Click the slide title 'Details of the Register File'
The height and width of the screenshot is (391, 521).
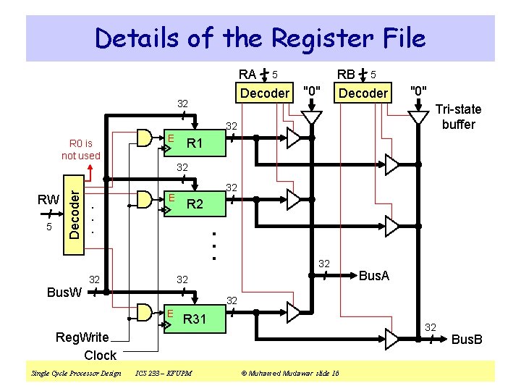260,38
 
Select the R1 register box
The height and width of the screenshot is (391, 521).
192,143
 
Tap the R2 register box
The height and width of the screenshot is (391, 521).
192,204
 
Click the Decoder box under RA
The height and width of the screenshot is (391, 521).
264,93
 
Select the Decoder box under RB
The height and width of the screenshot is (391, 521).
363,93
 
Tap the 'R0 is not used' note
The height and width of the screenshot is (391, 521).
81,149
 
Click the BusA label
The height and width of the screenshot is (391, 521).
374,275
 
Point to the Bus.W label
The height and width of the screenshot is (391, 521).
64,293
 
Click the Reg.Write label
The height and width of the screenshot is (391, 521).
82,337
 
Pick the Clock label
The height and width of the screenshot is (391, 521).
100,355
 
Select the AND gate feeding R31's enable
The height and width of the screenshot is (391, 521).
145,312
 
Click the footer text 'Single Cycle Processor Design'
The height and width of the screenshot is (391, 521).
76,373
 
